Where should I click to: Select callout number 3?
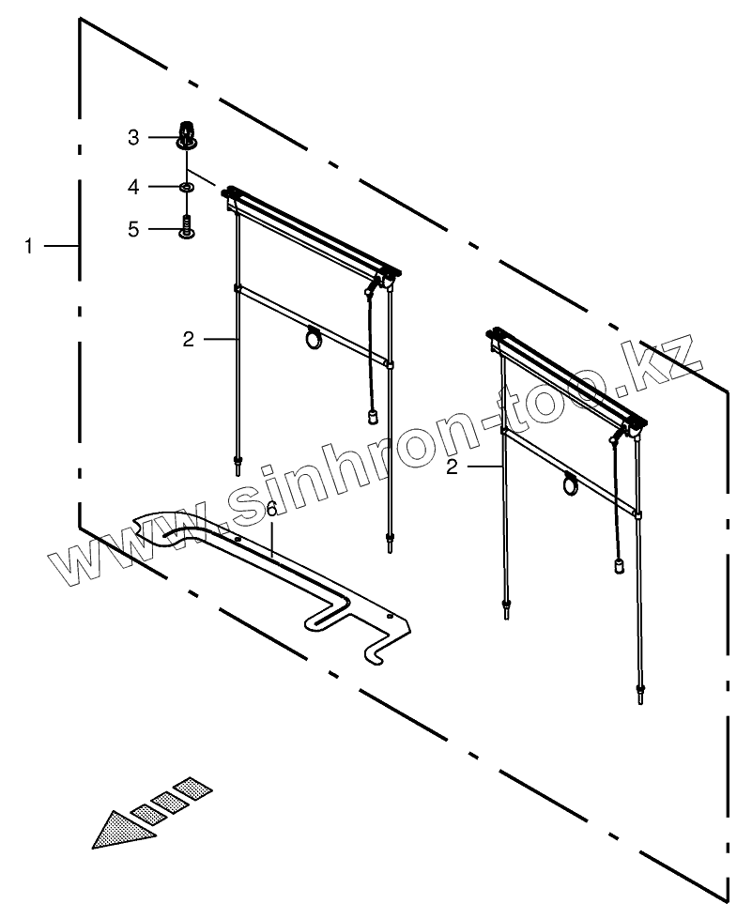click(x=133, y=138)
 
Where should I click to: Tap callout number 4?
click(x=133, y=188)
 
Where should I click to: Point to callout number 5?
click(x=133, y=228)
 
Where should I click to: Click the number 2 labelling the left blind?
click(x=189, y=339)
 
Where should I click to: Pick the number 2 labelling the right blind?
click(x=453, y=466)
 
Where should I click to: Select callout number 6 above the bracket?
click(x=271, y=510)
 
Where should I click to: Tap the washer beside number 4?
click(x=187, y=189)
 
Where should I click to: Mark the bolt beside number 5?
click(x=187, y=227)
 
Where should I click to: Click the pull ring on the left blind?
click(x=313, y=340)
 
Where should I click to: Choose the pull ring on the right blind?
click(x=571, y=485)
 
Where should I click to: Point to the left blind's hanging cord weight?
click(x=372, y=416)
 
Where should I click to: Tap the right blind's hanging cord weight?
click(x=620, y=565)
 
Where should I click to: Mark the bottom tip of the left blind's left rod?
click(x=238, y=463)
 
